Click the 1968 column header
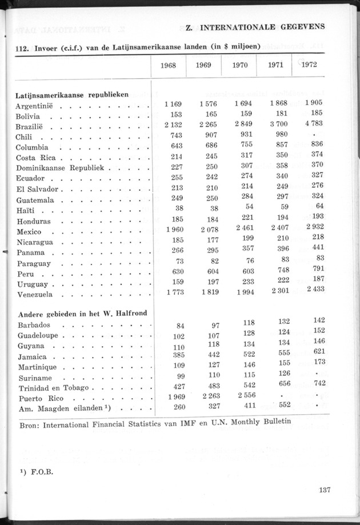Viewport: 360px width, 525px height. [x=169, y=65]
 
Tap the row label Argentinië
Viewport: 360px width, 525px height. [x=34, y=106]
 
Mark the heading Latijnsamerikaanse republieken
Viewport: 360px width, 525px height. [x=71, y=95]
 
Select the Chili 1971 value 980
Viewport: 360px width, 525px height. [x=283, y=135]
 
